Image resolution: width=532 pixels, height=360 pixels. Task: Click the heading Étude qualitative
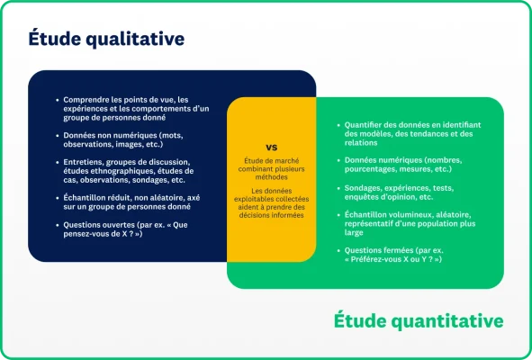(106, 39)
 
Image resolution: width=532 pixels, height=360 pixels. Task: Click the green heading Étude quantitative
(419, 320)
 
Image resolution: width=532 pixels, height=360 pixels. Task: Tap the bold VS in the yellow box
(271, 147)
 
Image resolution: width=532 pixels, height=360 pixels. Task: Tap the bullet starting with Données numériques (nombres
(410, 165)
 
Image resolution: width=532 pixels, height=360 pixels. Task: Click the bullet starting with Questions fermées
(400, 254)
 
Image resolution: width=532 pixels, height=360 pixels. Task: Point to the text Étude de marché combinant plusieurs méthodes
(271, 169)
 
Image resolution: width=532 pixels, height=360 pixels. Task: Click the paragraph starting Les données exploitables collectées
(271, 202)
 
